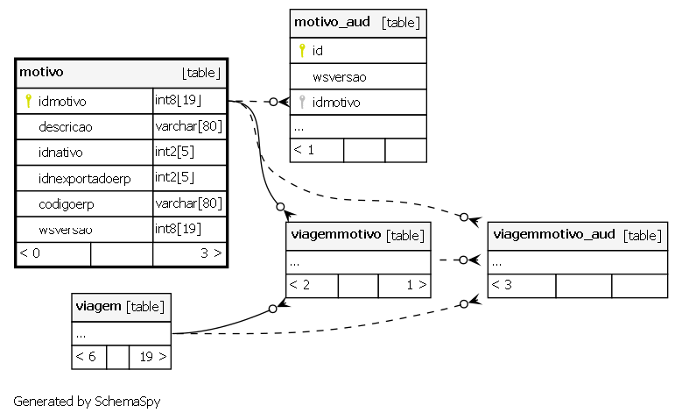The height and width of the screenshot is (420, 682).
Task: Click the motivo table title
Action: tap(41, 72)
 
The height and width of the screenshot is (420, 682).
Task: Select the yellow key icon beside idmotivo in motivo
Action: tap(28, 101)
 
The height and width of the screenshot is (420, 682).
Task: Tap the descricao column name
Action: tap(66, 127)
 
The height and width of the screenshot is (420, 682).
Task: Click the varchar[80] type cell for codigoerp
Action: tap(189, 203)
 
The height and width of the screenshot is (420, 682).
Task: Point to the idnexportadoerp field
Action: tap(84, 179)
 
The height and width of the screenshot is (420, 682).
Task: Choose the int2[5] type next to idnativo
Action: tap(174, 152)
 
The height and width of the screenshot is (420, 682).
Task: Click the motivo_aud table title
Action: tap(332, 22)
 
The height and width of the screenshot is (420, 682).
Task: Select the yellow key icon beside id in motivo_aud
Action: tap(302, 51)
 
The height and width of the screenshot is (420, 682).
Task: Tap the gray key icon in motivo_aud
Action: tap(302, 102)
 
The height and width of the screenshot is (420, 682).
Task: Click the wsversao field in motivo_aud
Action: tap(340, 77)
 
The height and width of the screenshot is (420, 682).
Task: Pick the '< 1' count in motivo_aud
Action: tap(304, 150)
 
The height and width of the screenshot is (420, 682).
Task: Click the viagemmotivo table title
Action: tap(336, 234)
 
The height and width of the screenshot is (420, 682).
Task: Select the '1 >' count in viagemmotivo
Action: tap(417, 285)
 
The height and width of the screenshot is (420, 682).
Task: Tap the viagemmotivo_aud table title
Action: tap(554, 234)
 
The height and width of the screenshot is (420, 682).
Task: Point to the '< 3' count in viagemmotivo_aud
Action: tap(502, 285)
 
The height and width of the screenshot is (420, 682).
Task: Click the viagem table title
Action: tap(98, 306)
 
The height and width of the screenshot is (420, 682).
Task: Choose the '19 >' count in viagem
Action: tap(153, 357)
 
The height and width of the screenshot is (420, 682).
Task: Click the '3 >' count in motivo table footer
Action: tap(211, 253)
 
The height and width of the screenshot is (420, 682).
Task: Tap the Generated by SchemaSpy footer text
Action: tap(87, 402)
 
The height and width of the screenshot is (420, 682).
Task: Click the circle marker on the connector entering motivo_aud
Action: tap(273, 102)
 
